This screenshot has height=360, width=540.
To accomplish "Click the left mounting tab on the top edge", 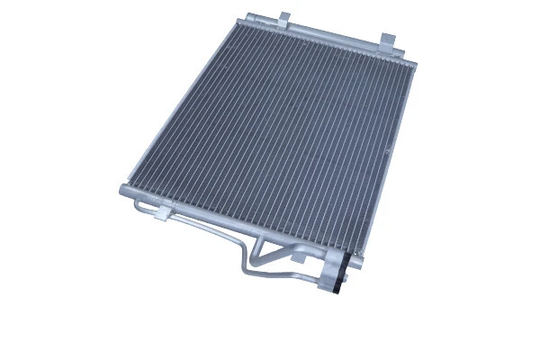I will click(283, 19).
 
